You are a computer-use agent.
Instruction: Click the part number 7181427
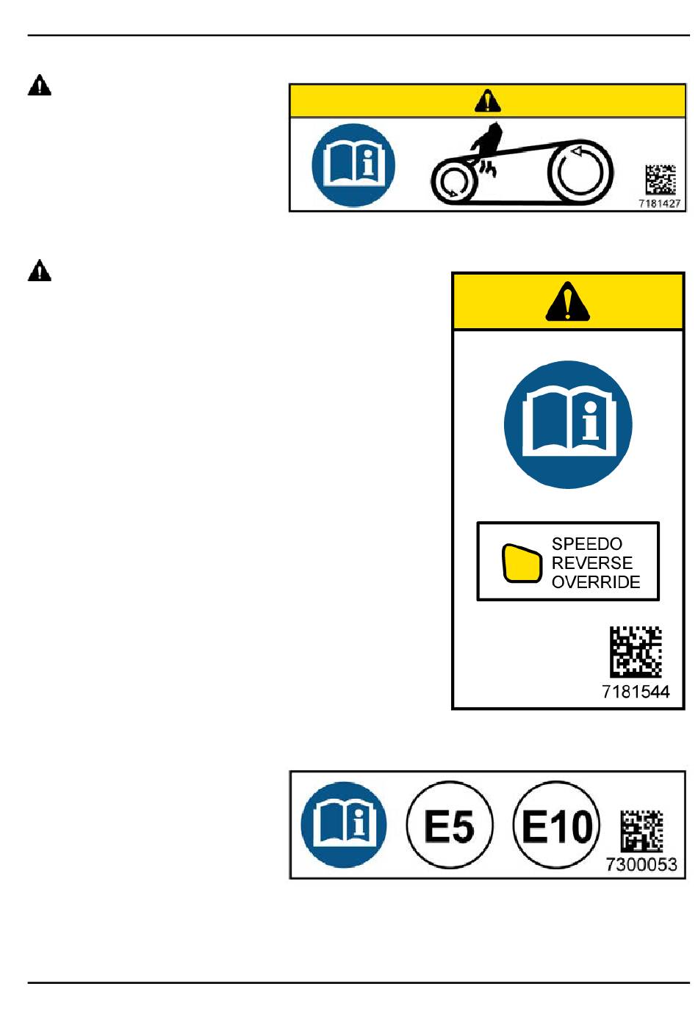[x=659, y=203]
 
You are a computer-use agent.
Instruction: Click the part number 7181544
[x=636, y=691]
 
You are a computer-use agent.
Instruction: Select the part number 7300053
[x=641, y=864]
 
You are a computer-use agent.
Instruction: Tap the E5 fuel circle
[x=449, y=825]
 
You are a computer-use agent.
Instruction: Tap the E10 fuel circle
[x=556, y=825]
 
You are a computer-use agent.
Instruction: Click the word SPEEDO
[x=586, y=544]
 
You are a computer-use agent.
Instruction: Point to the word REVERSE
[x=591, y=563]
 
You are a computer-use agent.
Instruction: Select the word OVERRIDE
[x=595, y=582]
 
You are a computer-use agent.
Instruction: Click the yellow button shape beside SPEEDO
[x=521, y=563]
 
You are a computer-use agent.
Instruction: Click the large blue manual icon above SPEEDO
[x=568, y=424]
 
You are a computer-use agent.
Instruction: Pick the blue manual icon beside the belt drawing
[x=353, y=165]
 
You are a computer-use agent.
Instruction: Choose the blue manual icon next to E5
[x=344, y=825]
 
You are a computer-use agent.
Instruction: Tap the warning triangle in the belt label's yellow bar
[x=487, y=101]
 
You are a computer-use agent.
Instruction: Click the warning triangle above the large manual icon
[x=567, y=302]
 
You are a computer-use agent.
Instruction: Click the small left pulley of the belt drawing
[x=453, y=181]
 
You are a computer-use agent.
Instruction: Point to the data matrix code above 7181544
[x=636, y=651]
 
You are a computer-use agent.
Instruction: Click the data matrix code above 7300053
[x=641, y=831]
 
